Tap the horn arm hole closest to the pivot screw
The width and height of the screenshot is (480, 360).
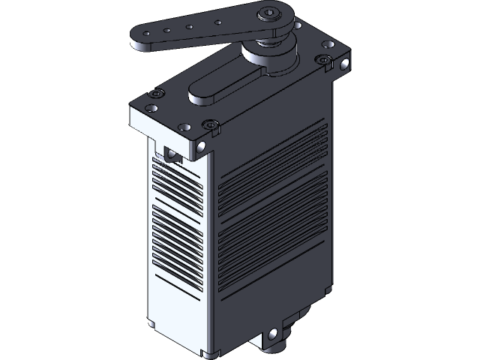[217, 22]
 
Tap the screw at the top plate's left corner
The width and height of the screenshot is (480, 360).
[156, 94]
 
